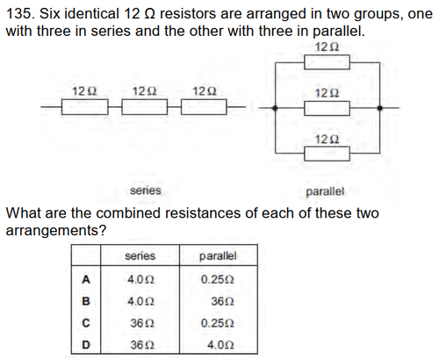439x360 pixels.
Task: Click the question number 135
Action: (x=20, y=14)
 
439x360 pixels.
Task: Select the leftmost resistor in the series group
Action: (x=85, y=107)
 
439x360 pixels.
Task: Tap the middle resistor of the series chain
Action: (x=145, y=107)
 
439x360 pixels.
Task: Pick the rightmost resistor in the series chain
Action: (x=204, y=107)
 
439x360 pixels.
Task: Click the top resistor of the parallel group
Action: (x=327, y=62)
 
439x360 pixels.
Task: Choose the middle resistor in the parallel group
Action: (x=327, y=108)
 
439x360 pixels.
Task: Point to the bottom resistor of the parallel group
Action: (x=327, y=154)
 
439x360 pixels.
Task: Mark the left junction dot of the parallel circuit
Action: (x=275, y=108)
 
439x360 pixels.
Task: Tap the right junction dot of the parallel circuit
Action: (x=379, y=108)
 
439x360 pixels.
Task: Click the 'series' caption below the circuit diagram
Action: (x=146, y=191)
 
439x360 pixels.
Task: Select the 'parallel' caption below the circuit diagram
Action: (x=325, y=192)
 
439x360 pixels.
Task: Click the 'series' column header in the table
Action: (x=140, y=256)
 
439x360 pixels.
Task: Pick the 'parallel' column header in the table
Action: (x=218, y=256)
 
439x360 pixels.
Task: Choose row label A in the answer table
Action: (x=86, y=280)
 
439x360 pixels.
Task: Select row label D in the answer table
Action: (x=86, y=345)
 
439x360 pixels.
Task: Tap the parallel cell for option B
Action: (x=222, y=301)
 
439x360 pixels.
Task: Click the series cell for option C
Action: (x=142, y=323)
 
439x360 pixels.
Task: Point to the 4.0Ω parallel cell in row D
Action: (x=220, y=345)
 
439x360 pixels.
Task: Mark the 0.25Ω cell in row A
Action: (x=217, y=280)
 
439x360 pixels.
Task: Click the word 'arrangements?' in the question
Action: (x=55, y=231)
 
